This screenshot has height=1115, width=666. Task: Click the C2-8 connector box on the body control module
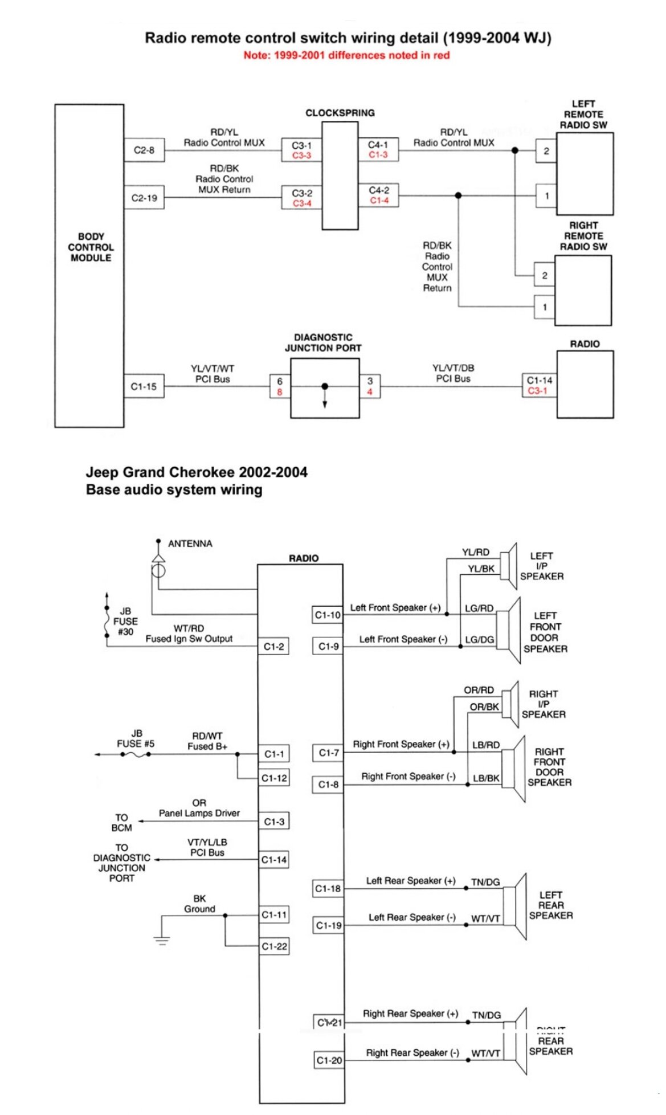144,150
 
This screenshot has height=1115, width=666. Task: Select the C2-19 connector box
144,198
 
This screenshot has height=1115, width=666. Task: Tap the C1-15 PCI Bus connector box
144,386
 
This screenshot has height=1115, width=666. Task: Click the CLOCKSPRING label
340,113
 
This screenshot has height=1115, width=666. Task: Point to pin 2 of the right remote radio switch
545,276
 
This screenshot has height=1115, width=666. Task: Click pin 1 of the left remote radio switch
546,196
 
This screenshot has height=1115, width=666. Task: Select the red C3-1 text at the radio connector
537,391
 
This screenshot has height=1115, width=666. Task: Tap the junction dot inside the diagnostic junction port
325,386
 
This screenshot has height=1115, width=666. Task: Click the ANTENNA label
190,544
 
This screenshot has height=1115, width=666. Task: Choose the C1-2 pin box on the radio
273,647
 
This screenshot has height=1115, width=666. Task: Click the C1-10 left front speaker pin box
328,615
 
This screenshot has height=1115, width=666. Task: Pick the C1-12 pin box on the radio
274,778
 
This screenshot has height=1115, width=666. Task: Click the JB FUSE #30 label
125,621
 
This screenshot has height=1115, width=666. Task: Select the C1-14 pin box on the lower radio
274,860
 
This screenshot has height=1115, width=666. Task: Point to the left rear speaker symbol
516,906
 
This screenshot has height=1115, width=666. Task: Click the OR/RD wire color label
479,690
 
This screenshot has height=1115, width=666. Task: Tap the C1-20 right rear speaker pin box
329,1060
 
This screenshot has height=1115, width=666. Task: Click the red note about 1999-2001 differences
346,55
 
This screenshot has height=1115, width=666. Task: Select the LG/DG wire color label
479,640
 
